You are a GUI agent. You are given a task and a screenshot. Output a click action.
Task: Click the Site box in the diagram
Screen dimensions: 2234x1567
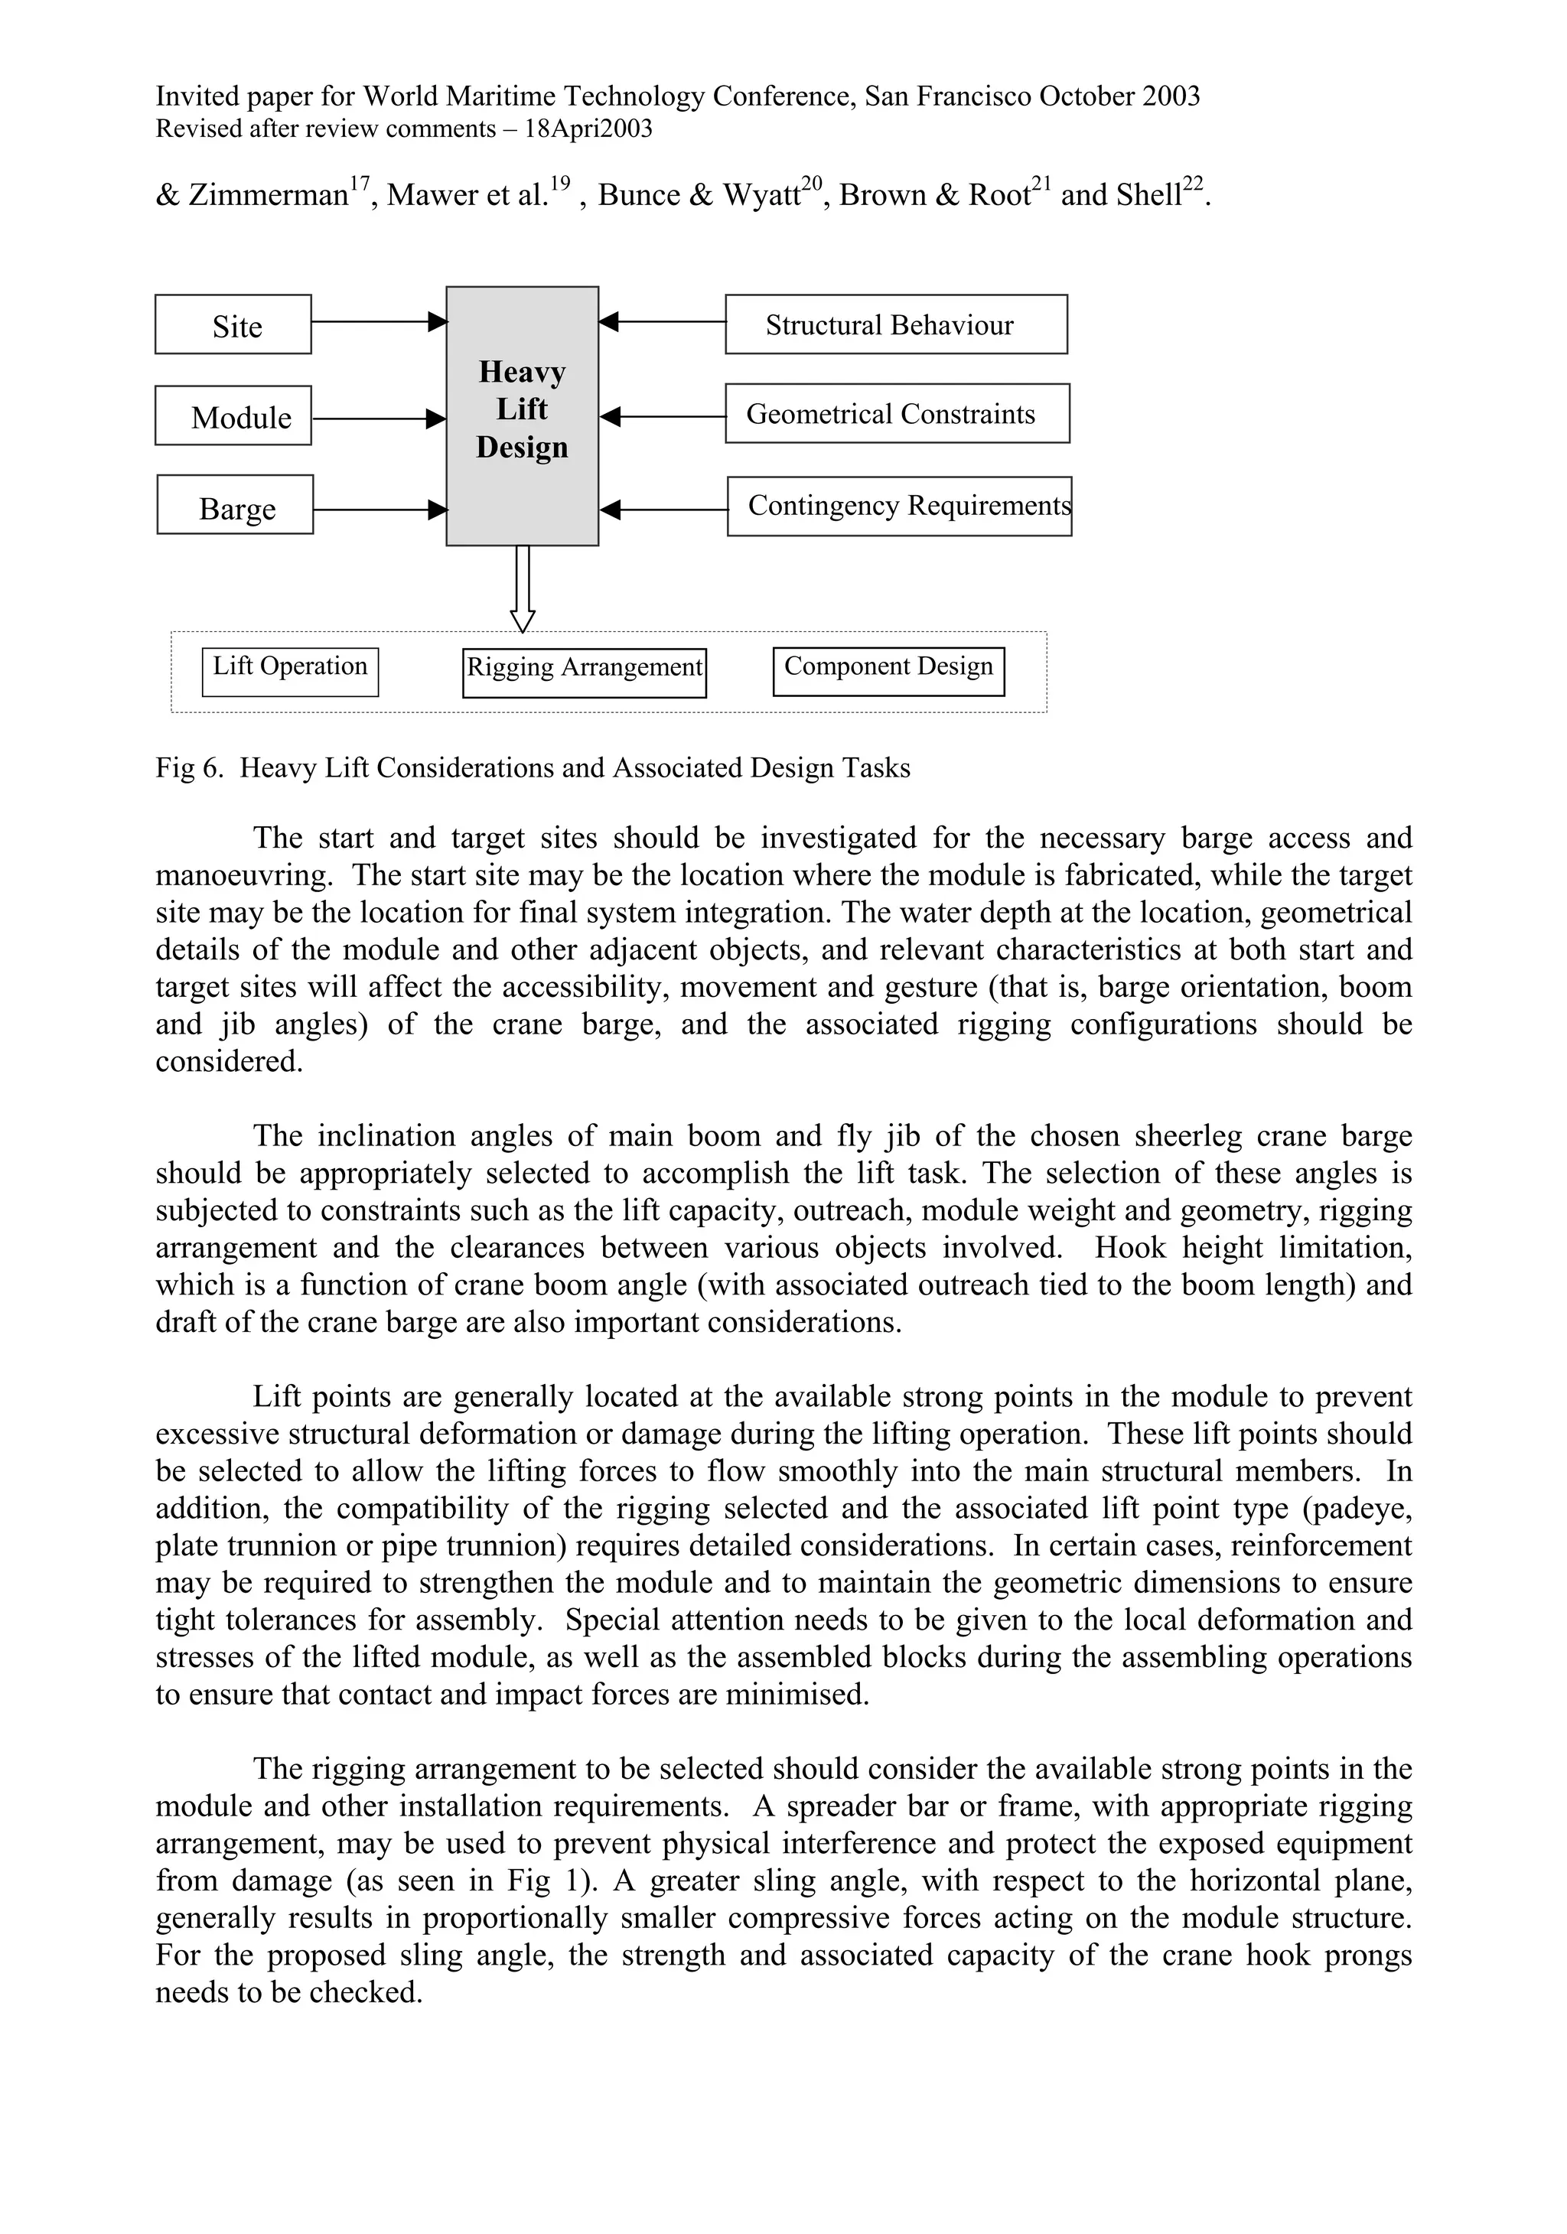coord(233,324)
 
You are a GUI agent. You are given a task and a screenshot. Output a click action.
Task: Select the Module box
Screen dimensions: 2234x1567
coord(233,416)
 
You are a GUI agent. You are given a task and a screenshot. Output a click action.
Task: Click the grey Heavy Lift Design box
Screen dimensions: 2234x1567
coord(522,415)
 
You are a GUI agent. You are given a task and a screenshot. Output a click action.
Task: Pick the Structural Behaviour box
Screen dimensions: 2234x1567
coord(895,324)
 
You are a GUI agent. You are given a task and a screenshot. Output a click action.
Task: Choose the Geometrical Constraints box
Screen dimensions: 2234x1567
coord(897,414)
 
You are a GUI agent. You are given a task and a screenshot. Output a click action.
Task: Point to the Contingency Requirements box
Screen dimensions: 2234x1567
coord(898,506)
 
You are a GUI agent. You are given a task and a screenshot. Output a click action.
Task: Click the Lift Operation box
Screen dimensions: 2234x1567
coord(290,672)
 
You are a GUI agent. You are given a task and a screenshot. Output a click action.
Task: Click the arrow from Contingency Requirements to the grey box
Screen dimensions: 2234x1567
coord(663,510)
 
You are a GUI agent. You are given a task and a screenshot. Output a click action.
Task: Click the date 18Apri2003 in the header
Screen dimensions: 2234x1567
coord(588,129)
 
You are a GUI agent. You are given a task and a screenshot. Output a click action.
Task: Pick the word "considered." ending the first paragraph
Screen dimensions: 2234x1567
coord(229,1062)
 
